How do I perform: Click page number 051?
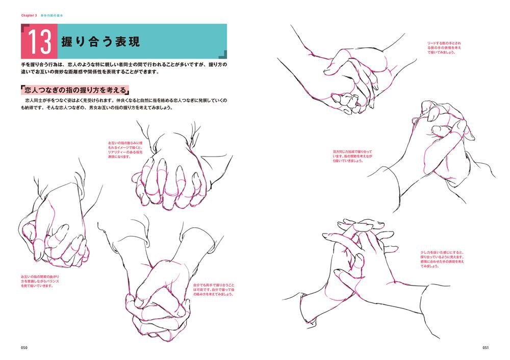click(x=486, y=348)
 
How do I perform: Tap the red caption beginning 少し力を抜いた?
click(x=442, y=260)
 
